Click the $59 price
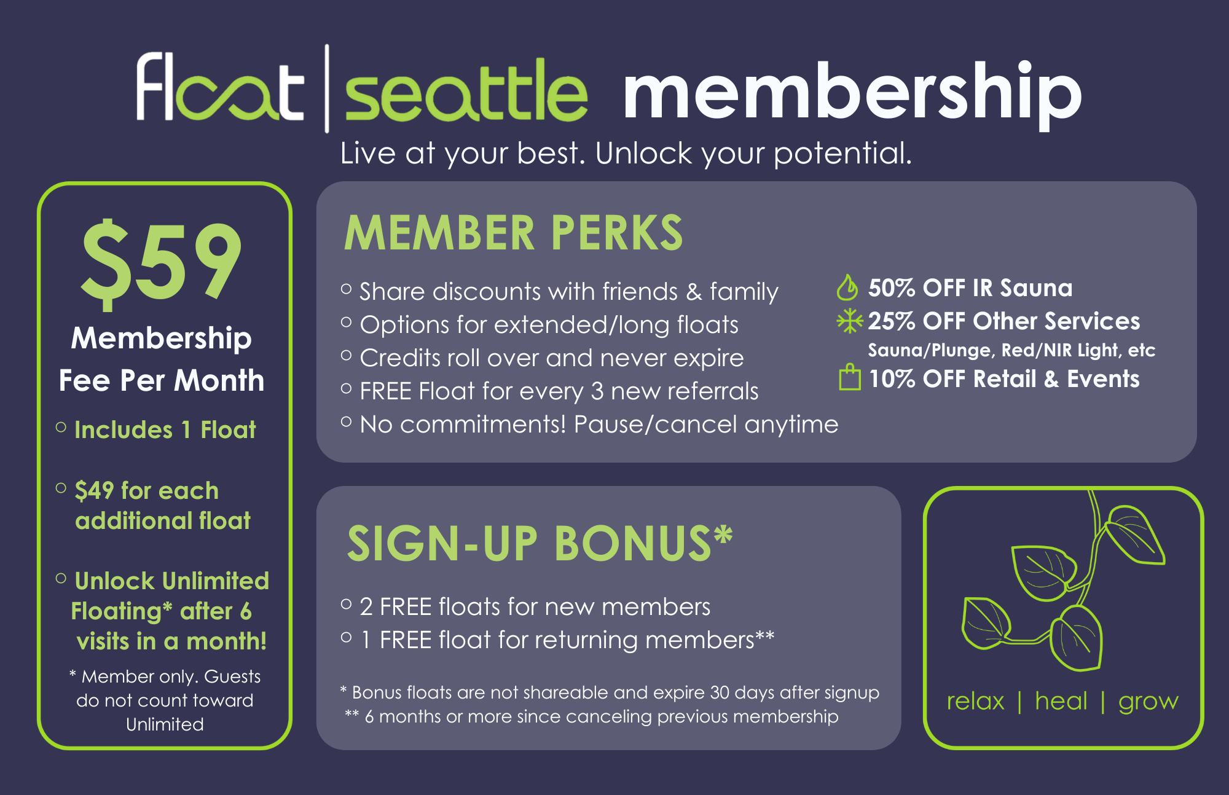[x=161, y=261]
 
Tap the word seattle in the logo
[x=466, y=92]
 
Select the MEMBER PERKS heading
[x=513, y=233]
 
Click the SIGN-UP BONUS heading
[x=540, y=544]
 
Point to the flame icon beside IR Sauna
[x=847, y=288]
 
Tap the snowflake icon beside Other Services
[x=849, y=321]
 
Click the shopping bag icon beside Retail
[x=850, y=377]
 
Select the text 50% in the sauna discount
[x=892, y=288]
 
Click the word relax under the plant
[x=975, y=701]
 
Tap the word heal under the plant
[x=1061, y=701]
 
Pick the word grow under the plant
[x=1148, y=702]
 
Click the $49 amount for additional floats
[x=94, y=491]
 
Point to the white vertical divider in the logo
[x=327, y=88]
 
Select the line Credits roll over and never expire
[x=551, y=358]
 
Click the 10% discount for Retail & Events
[x=892, y=379]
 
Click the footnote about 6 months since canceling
[x=601, y=716]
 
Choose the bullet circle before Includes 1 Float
[x=61, y=428]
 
